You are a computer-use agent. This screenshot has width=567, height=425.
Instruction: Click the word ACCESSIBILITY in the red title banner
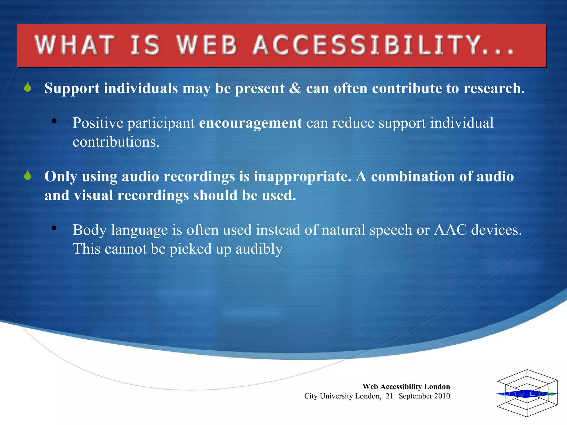pos(383,45)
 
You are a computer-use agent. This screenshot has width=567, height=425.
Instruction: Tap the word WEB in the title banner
pos(207,45)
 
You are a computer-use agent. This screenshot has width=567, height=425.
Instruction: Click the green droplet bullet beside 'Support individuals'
pos(27,87)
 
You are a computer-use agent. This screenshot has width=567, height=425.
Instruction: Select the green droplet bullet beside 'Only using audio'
pos(27,175)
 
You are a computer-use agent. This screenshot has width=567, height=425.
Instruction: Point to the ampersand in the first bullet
pos(295,88)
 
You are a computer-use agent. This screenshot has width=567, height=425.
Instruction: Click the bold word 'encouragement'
pos(251,123)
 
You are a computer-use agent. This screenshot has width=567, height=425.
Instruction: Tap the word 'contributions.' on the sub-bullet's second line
pos(116,142)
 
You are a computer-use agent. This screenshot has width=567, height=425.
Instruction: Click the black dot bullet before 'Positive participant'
pos(54,121)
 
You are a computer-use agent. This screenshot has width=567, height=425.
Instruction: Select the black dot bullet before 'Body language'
pos(54,228)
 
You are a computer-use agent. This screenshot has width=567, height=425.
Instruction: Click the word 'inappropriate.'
pos(303,177)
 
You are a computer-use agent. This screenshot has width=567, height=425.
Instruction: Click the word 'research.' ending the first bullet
pos(494,88)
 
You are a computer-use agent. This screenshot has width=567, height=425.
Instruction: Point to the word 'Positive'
pos(98,123)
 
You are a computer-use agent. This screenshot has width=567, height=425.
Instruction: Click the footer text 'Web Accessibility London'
pos(406,387)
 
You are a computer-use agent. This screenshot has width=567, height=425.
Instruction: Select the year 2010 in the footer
pos(442,396)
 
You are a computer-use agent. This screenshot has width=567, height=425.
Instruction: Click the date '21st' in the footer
pos(391,396)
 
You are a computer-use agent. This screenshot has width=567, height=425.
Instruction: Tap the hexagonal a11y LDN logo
pos(527,393)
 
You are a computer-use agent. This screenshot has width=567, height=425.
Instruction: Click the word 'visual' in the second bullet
pos(93,195)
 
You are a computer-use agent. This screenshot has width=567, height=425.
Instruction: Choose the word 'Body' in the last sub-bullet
pos(90,230)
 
